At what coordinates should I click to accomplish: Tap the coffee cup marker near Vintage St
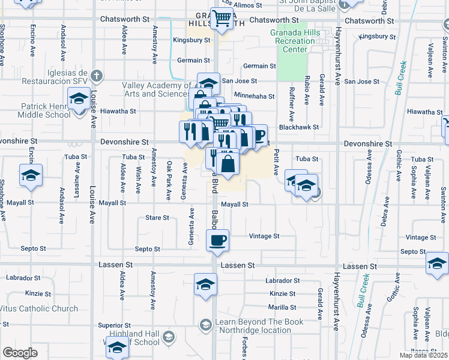(217, 241)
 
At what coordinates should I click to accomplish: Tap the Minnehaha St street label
(254, 96)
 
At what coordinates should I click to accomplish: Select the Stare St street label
(157, 218)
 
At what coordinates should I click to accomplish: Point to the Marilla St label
(283, 307)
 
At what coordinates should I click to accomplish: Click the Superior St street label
(110, 325)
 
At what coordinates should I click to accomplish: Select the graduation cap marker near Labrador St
(205, 284)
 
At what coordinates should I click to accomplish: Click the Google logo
(20, 352)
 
